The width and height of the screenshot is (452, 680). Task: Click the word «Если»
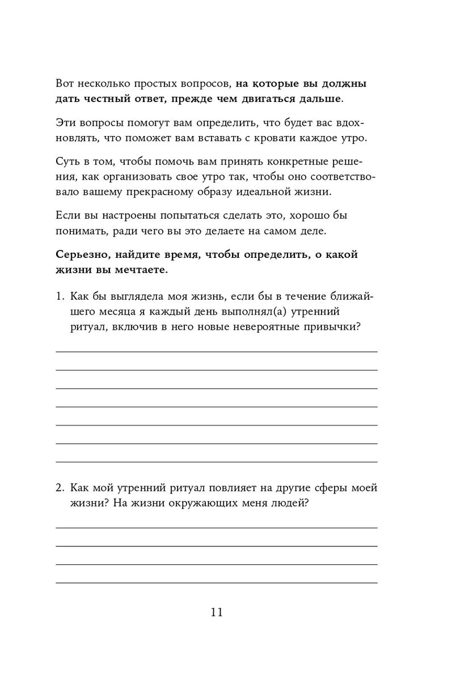[x=67, y=215]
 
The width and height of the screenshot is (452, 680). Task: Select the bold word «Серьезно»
[x=83, y=254]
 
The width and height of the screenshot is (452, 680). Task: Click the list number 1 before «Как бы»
[x=59, y=296]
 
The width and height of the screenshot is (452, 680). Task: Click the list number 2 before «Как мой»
[x=60, y=488]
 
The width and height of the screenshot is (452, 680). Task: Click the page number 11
[x=217, y=613]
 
